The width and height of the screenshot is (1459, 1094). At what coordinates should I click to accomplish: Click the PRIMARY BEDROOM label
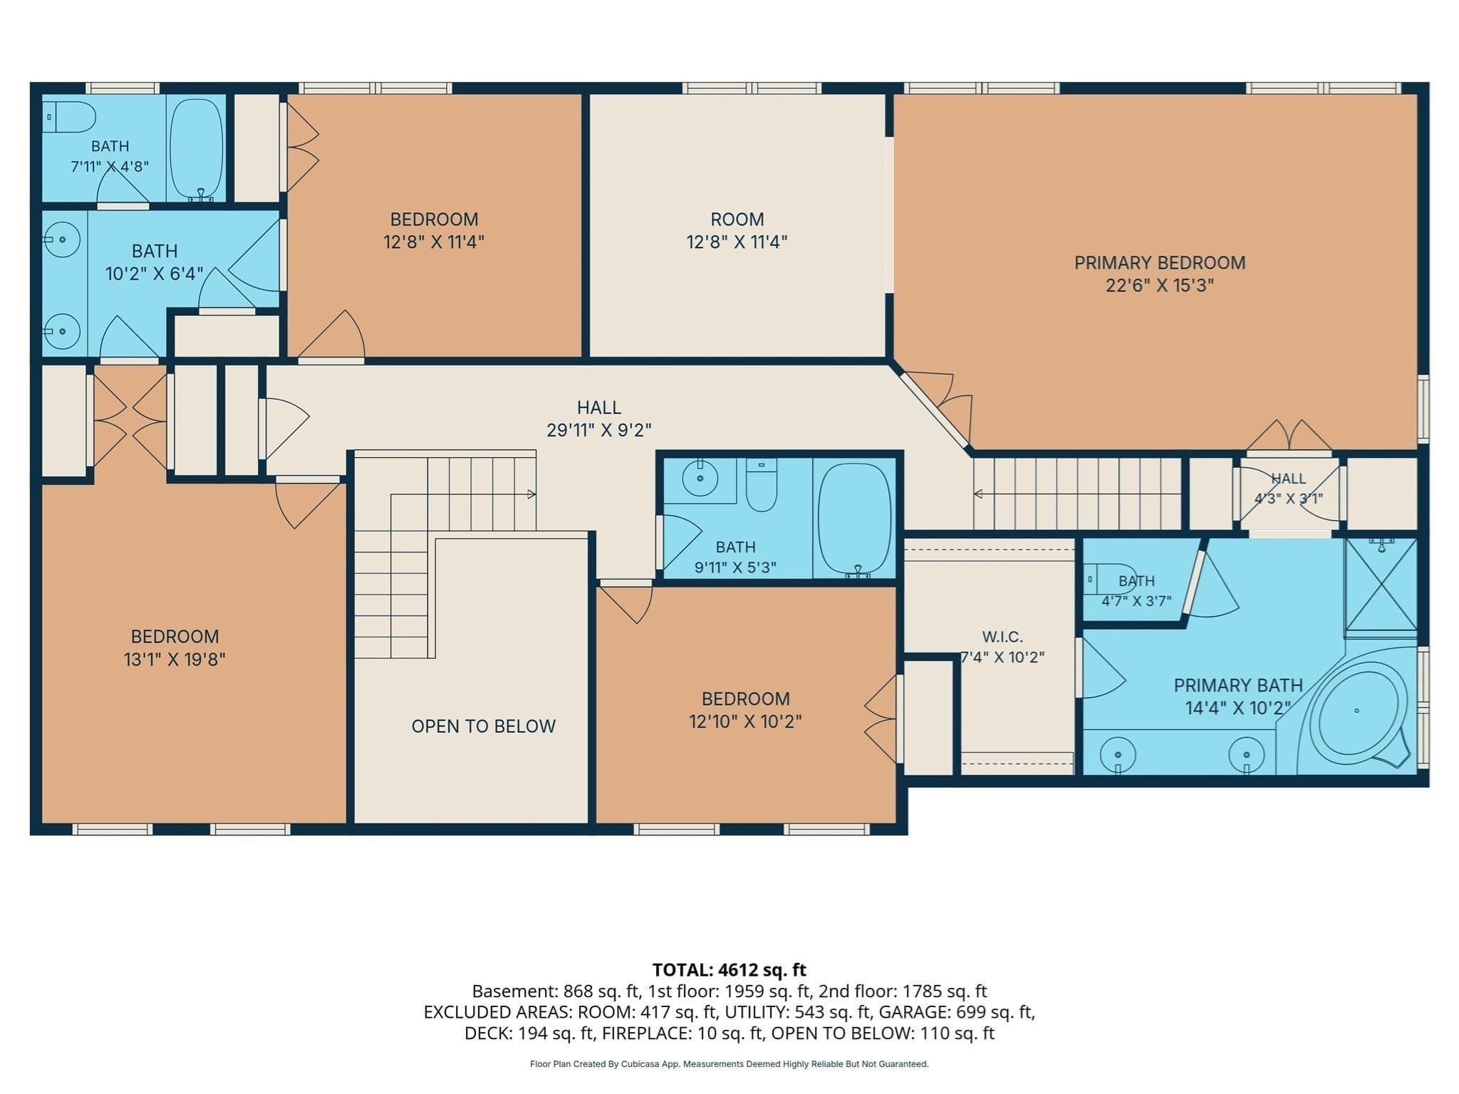(1160, 263)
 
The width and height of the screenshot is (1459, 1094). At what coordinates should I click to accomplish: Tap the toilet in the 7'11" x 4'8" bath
(69, 117)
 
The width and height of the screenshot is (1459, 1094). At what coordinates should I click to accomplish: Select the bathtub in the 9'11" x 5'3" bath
(854, 519)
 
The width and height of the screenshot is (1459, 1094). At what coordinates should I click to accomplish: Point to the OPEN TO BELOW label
(484, 726)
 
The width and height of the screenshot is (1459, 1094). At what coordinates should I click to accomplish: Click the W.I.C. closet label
(1002, 636)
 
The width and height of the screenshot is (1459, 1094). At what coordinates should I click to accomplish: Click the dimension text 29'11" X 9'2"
(599, 430)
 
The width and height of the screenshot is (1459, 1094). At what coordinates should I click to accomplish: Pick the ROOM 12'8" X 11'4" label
(737, 230)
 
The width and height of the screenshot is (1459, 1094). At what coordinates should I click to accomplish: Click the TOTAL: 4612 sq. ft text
(729, 969)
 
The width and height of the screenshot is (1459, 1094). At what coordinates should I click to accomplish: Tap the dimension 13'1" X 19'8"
(175, 659)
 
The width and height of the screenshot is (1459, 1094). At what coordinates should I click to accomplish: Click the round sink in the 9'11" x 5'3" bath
(700, 478)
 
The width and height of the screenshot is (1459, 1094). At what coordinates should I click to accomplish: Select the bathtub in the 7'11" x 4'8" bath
(197, 148)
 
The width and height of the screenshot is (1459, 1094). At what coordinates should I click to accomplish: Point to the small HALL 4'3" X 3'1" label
(1289, 488)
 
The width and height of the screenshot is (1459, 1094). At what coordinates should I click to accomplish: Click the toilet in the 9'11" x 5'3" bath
(762, 485)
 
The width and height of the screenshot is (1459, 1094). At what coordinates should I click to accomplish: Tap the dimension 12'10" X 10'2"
(745, 721)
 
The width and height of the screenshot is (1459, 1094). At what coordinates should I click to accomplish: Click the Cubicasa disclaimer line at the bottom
(729, 1064)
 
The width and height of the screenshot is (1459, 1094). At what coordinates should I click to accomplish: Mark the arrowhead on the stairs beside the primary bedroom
(977, 494)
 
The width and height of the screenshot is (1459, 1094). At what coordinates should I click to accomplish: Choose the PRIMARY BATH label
(1238, 685)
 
